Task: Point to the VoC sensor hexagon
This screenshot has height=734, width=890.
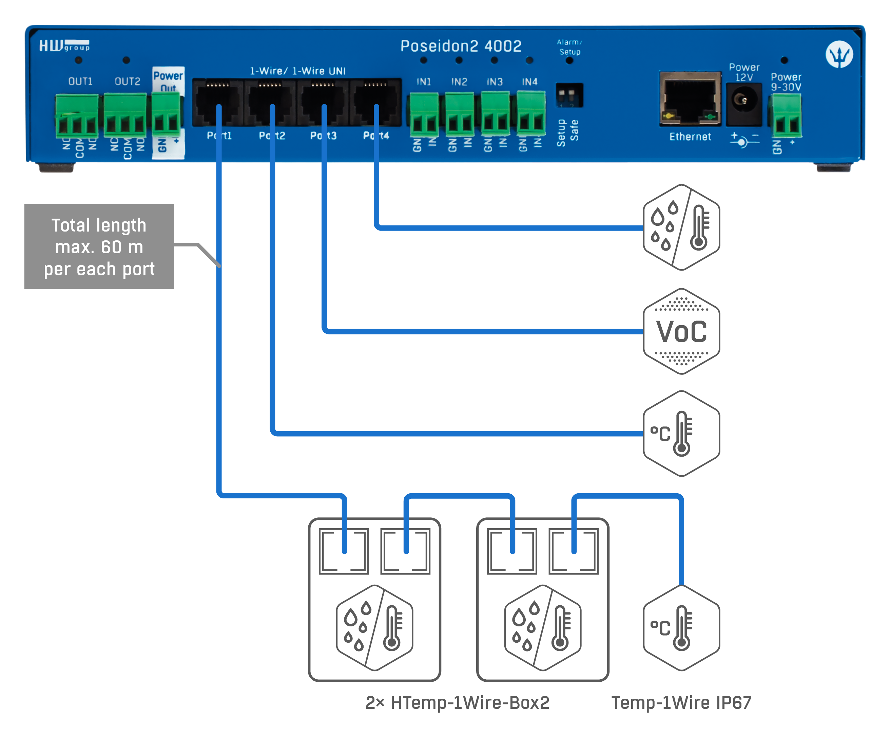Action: pyautogui.click(x=681, y=331)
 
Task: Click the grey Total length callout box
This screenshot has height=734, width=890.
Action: pyautogui.click(x=99, y=246)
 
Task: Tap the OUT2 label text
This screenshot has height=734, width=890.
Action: pyautogui.click(x=127, y=81)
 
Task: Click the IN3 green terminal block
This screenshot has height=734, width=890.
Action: pyautogui.click(x=495, y=114)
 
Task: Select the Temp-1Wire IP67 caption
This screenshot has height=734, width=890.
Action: pyautogui.click(x=681, y=703)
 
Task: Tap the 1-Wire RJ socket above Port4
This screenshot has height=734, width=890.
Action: pyautogui.click(x=376, y=102)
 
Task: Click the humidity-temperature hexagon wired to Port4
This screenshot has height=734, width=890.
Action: pyautogui.click(x=681, y=227)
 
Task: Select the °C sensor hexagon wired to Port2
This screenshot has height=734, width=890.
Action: pyautogui.click(x=681, y=434)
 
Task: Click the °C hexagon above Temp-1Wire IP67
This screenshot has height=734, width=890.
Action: pyautogui.click(x=681, y=628)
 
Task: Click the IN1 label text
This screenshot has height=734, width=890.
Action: pyautogui.click(x=424, y=81)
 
